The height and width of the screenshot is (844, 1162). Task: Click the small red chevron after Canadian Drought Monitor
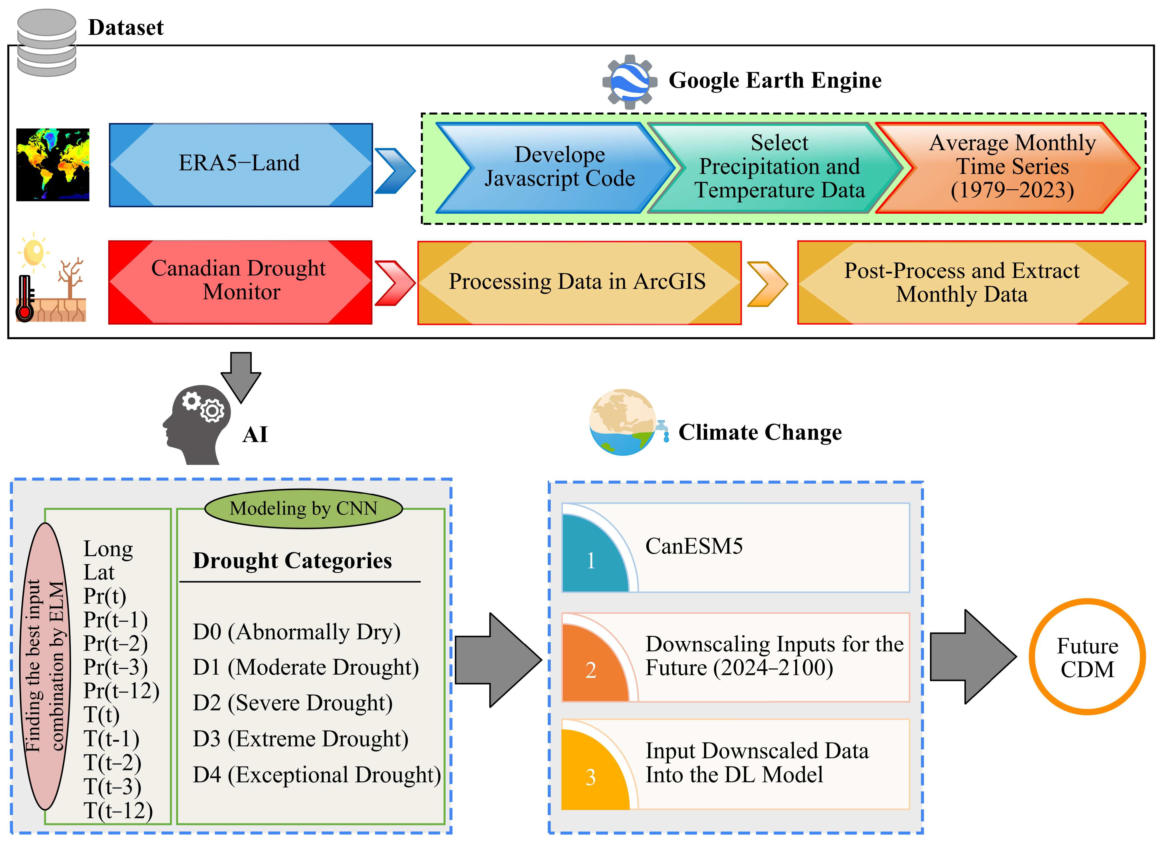tap(394, 283)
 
